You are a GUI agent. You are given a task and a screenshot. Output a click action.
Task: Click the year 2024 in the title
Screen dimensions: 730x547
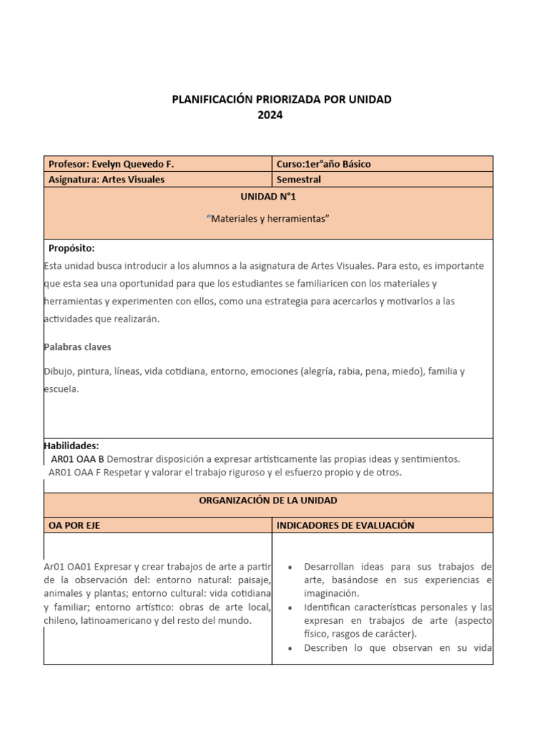[x=270, y=115]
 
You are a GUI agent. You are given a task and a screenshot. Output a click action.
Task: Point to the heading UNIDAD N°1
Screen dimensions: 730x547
[x=268, y=197]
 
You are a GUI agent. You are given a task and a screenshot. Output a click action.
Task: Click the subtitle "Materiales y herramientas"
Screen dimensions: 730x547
[x=268, y=219]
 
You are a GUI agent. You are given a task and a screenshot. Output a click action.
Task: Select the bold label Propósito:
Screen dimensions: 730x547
[x=71, y=248]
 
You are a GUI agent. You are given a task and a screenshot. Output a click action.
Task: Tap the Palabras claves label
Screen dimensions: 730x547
[x=78, y=347]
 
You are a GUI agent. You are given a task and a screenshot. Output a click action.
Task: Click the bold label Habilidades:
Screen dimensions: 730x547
[x=71, y=446]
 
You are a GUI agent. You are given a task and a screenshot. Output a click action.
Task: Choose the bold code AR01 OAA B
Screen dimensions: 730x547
[x=78, y=459]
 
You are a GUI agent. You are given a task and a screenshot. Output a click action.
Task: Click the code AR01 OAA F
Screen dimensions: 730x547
[x=75, y=472]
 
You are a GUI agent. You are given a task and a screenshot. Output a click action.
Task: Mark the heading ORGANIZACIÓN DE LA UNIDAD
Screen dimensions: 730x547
[x=268, y=500]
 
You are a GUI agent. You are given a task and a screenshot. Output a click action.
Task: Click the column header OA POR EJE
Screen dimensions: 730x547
[x=79, y=525]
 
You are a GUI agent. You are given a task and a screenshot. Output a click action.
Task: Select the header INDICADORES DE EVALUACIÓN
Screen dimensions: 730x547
[x=345, y=525]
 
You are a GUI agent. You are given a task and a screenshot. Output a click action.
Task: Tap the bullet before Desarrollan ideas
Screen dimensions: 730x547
[x=291, y=567]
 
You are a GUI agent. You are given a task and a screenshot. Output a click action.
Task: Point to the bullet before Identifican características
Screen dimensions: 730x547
[x=291, y=607]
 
